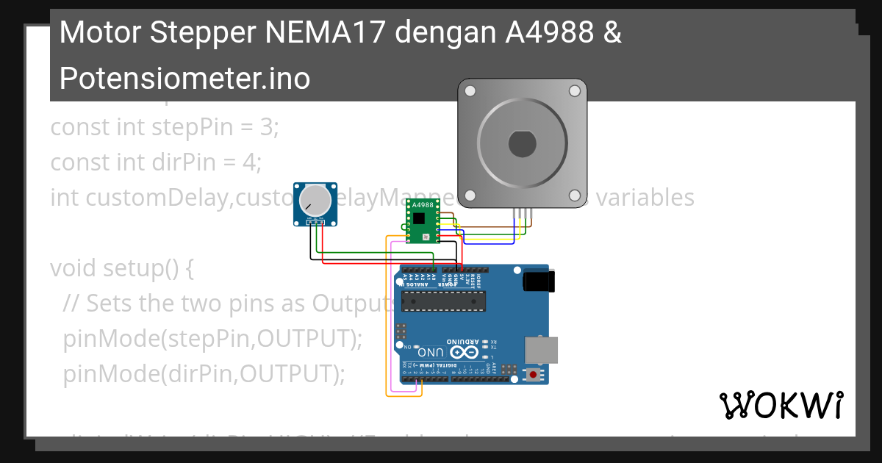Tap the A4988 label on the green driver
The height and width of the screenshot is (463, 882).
(423, 205)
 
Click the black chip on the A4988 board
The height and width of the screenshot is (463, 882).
(419, 218)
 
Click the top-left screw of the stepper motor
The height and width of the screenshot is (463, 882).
(470, 91)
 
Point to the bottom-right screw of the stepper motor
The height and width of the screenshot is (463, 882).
(575, 195)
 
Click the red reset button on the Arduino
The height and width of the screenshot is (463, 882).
(533, 375)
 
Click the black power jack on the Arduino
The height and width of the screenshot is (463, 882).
(539, 281)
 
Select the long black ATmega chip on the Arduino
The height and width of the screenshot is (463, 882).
(443, 301)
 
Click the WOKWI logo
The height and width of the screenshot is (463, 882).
(781, 405)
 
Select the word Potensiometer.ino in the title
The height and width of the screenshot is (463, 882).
(184, 77)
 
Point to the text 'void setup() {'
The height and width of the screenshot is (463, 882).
(121, 268)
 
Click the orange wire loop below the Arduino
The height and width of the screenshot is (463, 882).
(404, 395)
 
